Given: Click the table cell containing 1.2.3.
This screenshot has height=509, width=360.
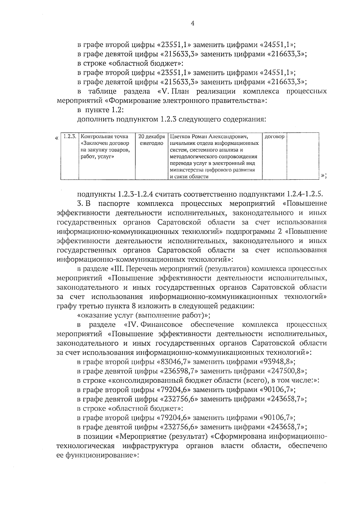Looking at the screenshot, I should [70, 137].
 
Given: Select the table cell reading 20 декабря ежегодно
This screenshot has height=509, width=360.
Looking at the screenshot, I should [151, 140].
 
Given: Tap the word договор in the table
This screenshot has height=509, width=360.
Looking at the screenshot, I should [274, 137].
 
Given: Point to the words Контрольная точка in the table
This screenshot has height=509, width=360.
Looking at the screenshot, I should [104, 137].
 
